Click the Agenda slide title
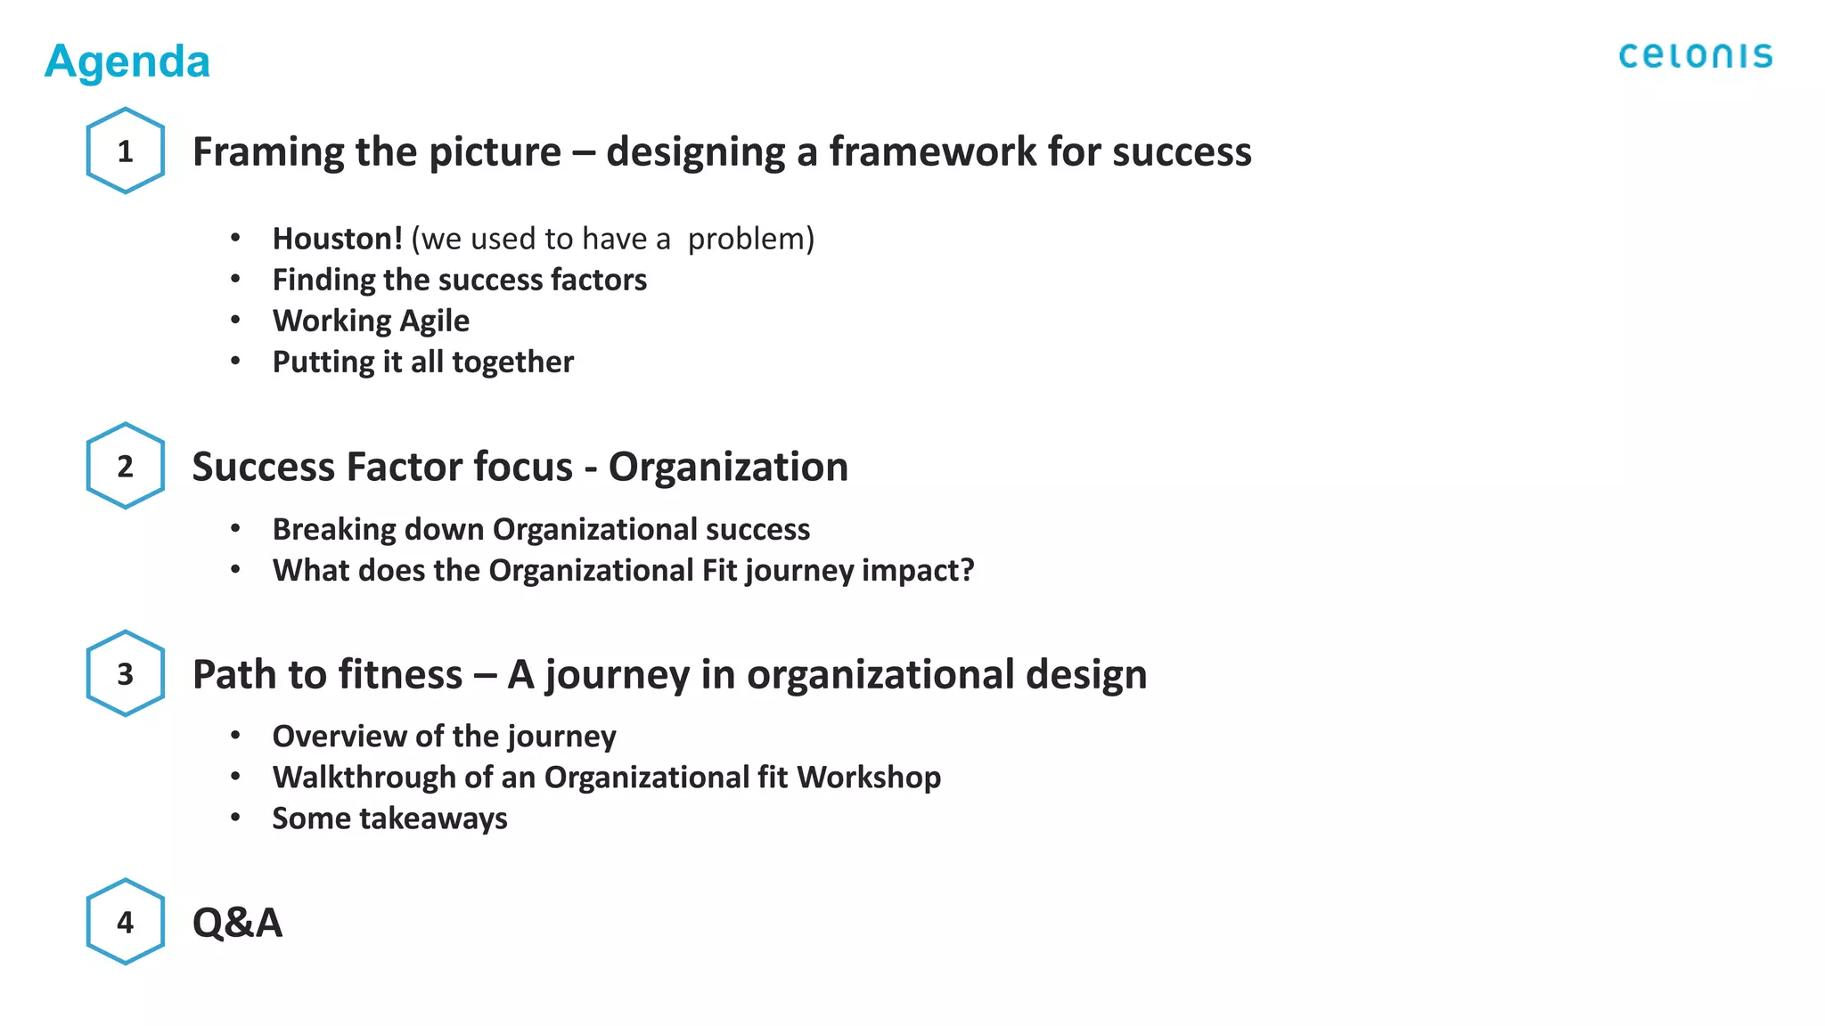(127, 61)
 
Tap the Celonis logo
(1695, 56)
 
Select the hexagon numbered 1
(126, 151)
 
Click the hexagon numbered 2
(126, 466)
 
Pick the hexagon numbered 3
(126, 673)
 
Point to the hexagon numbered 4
(126, 922)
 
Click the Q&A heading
(237, 922)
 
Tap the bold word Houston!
(338, 239)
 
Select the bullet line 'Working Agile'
(371, 321)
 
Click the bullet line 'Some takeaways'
(389, 818)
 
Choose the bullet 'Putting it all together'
(422, 362)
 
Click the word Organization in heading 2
(728, 467)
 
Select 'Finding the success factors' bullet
(459, 280)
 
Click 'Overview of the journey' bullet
(444, 737)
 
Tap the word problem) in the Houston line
(751, 239)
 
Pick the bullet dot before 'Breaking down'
(235, 529)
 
